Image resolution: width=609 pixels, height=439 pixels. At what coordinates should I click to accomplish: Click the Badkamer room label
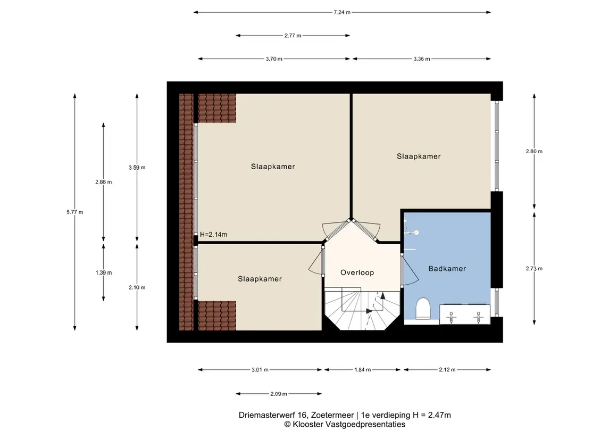pyautogui.click(x=447, y=268)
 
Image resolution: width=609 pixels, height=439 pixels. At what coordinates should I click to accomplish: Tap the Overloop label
pyautogui.click(x=357, y=273)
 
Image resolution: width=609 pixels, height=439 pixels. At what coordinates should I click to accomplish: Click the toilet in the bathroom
pyautogui.click(x=422, y=309)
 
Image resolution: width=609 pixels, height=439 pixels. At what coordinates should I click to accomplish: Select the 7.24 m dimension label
pyautogui.click(x=342, y=12)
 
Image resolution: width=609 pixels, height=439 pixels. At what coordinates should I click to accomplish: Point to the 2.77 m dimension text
pyautogui.click(x=293, y=36)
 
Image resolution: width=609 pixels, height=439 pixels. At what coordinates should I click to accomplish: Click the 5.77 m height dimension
pyautogui.click(x=74, y=212)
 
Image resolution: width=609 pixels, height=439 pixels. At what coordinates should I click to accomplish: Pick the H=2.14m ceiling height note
pyautogui.click(x=213, y=235)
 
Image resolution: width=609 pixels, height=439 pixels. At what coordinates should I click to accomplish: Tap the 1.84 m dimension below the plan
pyautogui.click(x=362, y=370)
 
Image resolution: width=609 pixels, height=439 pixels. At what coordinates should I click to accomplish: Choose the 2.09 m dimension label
pyautogui.click(x=279, y=394)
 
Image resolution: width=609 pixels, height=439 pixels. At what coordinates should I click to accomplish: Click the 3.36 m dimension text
pyautogui.click(x=421, y=59)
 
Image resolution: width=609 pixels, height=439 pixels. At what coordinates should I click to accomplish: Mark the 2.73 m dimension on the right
pyautogui.click(x=534, y=268)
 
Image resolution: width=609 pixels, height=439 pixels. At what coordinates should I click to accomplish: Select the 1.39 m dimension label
pyautogui.click(x=103, y=273)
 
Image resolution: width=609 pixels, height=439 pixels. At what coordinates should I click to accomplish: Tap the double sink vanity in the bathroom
pyautogui.click(x=464, y=314)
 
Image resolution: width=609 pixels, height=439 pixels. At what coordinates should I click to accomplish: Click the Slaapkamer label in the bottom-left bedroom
pyautogui.click(x=260, y=279)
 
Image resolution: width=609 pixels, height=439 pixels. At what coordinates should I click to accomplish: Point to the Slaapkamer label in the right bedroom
pyautogui.click(x=419, y=156)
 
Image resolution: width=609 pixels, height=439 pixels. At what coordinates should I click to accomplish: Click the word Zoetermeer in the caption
pyautogui.click(x=332, y=415)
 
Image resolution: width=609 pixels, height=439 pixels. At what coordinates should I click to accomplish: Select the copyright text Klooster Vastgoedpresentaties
pyautogui.click(x=349, y=425)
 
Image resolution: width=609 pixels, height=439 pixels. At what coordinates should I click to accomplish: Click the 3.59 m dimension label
pyautogui.click(x=137, y=168)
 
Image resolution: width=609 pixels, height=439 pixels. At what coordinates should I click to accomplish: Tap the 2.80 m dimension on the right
pyautogui.click(x=534, y=152)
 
